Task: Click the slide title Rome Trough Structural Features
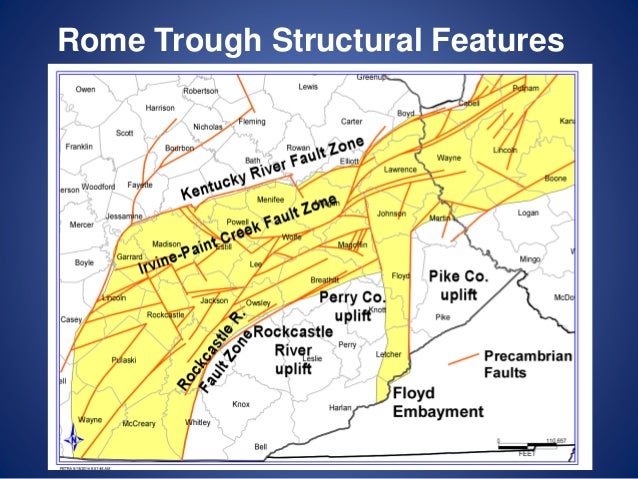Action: pyautogui.click(x=311, y=40)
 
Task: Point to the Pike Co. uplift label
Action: pyautogui.click(x=458, y=284)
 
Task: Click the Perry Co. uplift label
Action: pyautogui.click(x=352, y=306)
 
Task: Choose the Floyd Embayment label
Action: pyautogui.click(x=437, y=402)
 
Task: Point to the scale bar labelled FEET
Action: pyautogui.click(x=531, y=446)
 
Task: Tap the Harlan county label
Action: pyautogui.click(x=341, y=407)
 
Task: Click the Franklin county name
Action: pyautogui.click(x=78, y=147)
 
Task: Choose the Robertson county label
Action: pyautogui.click(x=200, y=91)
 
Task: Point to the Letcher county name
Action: pyautogui.click(x=388, y=353)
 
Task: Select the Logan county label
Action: pyautogui.click(x=528, y=212)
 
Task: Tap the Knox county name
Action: pyautogui.click(x=240, y=404)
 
